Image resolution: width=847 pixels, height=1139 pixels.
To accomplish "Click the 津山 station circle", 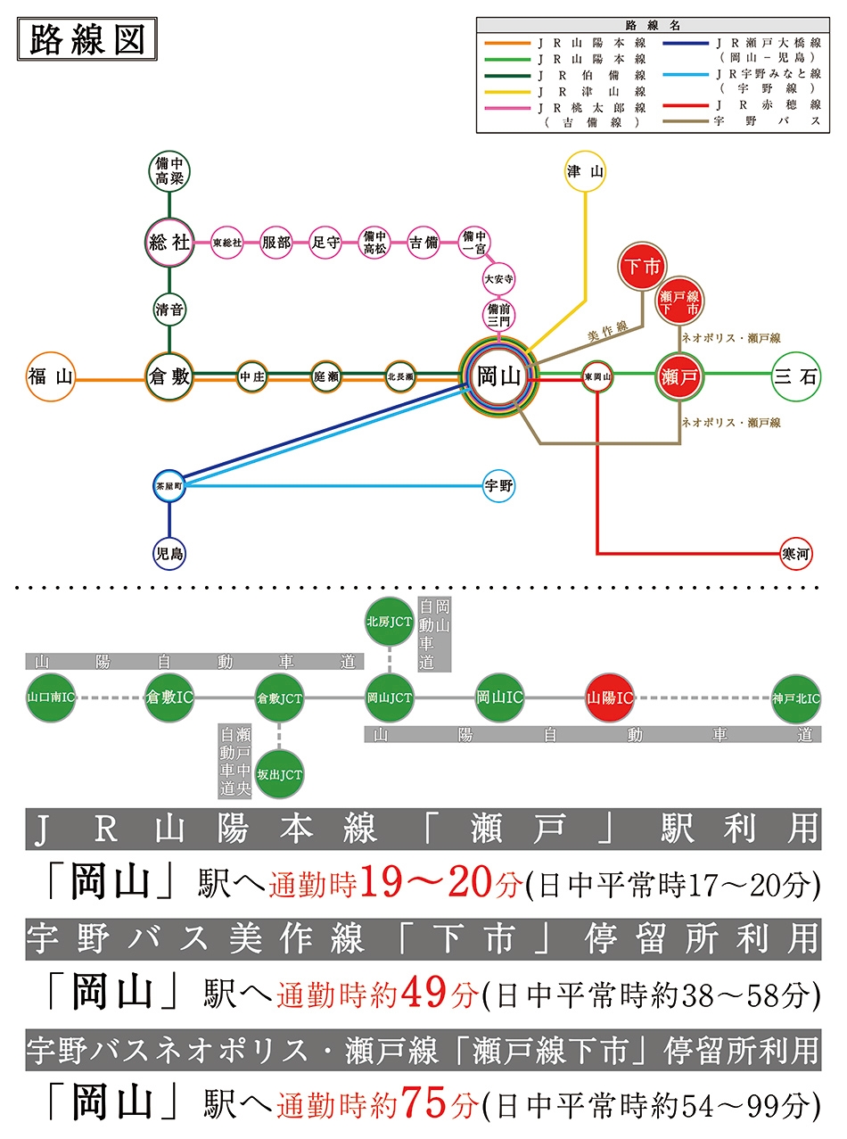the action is [x=585, y=171].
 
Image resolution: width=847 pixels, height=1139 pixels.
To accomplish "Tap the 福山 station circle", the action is [x=51, y=376].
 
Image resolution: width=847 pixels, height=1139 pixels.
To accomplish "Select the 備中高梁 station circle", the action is [x=169, y=171].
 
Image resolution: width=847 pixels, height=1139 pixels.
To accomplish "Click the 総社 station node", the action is [x=169, y=242].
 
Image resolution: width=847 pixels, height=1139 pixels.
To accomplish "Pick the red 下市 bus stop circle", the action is [x=642, y=267].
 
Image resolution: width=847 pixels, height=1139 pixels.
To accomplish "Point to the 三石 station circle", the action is [x=795, y=376].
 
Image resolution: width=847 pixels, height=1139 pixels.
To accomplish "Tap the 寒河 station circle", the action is [x=795, y=554].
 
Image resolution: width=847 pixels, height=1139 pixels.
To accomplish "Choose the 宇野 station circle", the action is [x=498, y=486].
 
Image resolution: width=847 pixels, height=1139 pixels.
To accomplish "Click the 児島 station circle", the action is [x=169, y=554].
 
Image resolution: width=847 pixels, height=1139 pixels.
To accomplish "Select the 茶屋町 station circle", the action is [x=169, y=486].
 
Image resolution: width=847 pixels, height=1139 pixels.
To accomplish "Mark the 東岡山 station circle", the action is [x=597, y=376].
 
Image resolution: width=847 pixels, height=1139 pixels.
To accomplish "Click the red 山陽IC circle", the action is [x=609, y=697].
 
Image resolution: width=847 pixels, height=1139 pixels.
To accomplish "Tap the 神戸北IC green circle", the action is [x=796, y=697].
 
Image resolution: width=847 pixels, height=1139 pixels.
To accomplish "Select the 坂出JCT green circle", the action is [x=279, y=774].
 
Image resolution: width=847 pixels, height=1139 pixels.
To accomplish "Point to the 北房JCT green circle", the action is [x=389, y=622].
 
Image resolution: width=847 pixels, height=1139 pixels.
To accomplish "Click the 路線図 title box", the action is [x=87, y=39].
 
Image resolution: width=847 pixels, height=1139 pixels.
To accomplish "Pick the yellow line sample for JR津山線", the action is [x=507, y=92].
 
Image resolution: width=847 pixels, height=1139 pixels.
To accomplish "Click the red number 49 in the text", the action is [x=423, y=993].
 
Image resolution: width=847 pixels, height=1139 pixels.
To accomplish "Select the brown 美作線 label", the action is [x=608, y=332].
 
